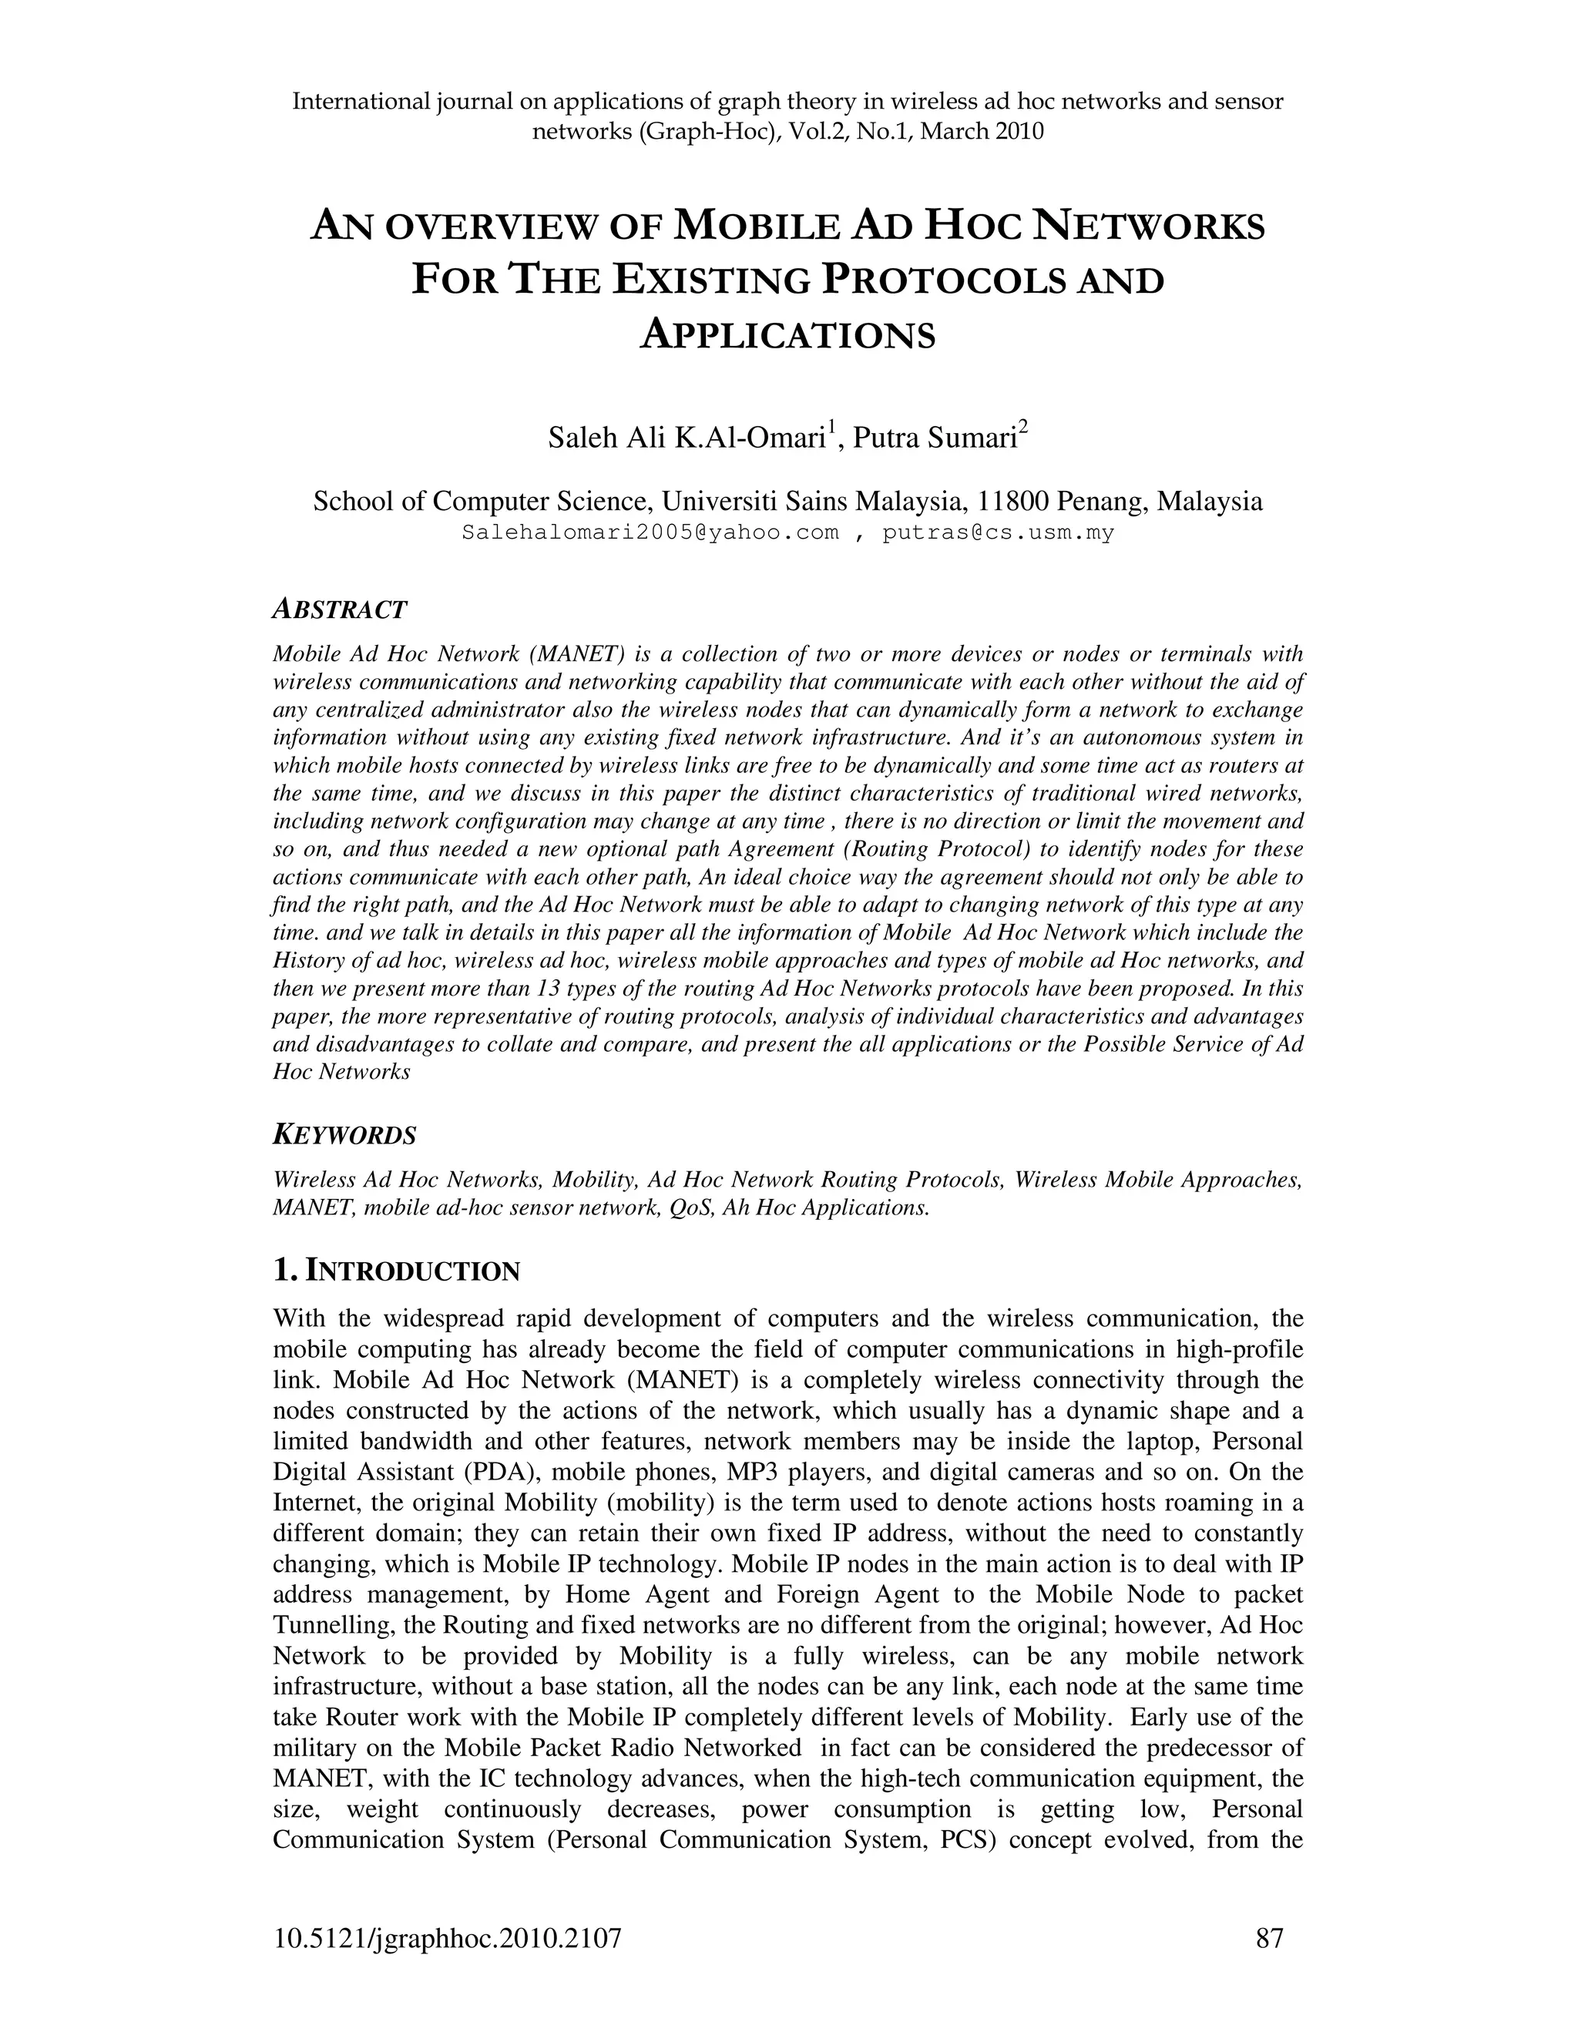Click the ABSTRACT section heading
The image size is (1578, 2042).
(339, 610)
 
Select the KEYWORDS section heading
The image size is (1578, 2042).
(344, 1136)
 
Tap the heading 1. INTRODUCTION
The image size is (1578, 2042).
(395, 1271)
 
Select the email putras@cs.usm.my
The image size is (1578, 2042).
(999, 534)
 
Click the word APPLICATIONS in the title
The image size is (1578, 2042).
(788, 334)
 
